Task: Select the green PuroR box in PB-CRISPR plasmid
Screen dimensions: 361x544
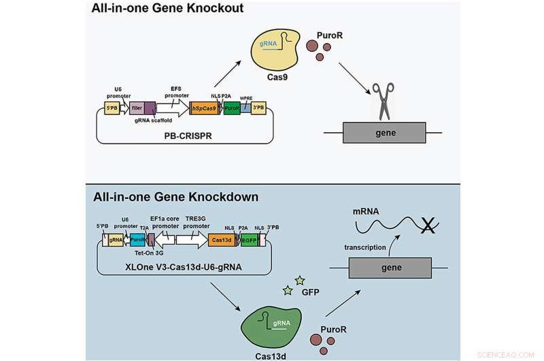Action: click(x=232, y=108)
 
